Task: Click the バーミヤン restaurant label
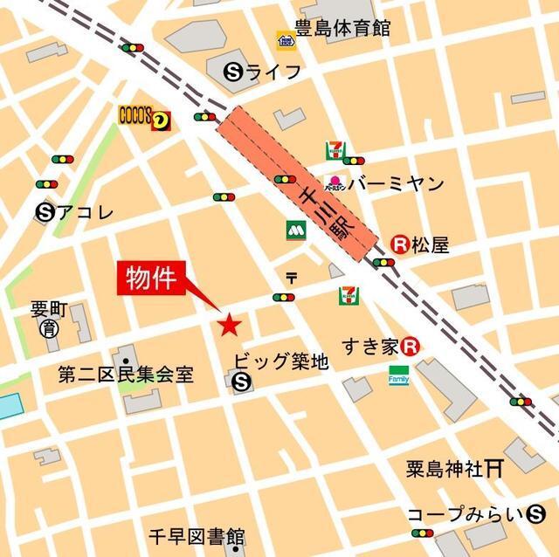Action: (396, 184)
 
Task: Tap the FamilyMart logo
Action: (399, 375)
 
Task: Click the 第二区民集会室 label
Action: (126, 375)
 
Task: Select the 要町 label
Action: (48, 310)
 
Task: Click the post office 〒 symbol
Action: (291, 278)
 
